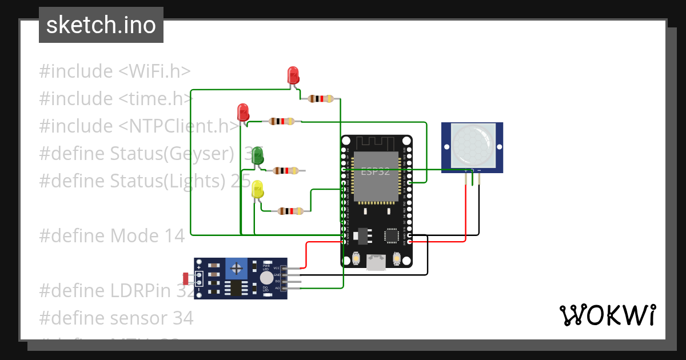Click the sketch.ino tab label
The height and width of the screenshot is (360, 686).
[x=101, y=25]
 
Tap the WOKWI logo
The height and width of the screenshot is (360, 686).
[x=607, y=315]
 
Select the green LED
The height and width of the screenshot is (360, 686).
[x=258, y=155]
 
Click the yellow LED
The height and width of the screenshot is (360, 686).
[x=258, y=189]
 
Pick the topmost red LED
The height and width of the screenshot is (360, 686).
[x=293, y=75]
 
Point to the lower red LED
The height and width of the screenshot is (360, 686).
[x=243, y=111]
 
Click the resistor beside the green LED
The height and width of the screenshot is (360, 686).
[x=285, y=170]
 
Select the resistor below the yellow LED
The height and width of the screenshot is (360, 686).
[x=290, y=211]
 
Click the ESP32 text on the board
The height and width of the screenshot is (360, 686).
[x=375, y=170]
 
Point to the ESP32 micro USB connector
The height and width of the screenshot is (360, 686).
[x=376, y=262]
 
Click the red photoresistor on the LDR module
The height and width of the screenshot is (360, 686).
[x=186, y=278]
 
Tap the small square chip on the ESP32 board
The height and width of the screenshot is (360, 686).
[x=392, y=235]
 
